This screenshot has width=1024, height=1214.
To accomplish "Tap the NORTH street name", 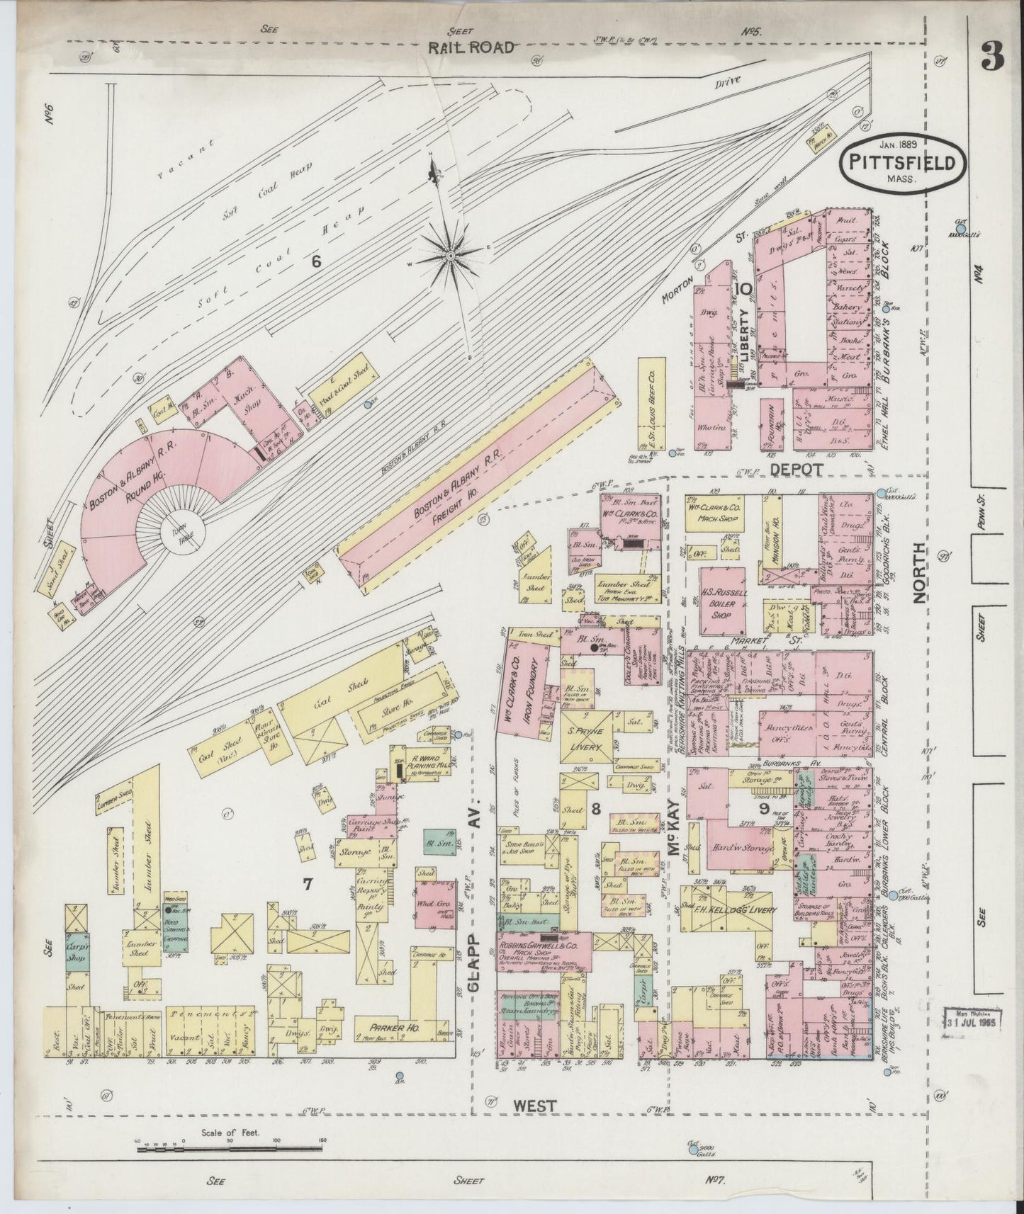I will tap(919, 572).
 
